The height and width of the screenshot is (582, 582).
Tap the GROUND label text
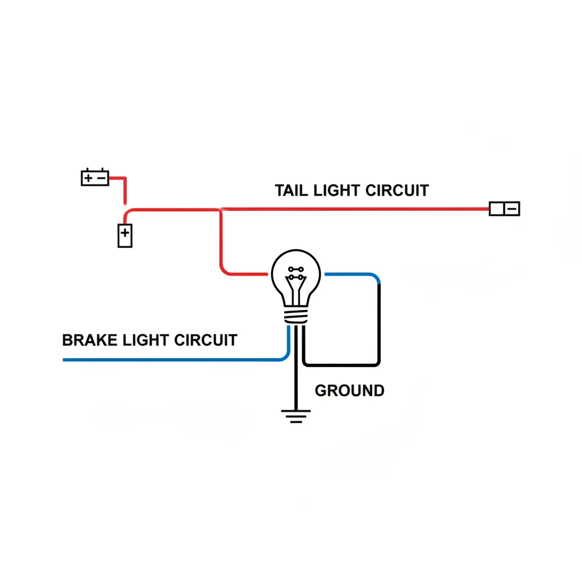(349, 391)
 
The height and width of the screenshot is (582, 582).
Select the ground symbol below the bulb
(296, 417)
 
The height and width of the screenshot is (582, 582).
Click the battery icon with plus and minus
(95, 178)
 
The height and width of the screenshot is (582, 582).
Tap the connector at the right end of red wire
(504, 209)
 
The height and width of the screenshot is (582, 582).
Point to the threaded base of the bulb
(296, 315)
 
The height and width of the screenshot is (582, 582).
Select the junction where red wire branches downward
(220, 210)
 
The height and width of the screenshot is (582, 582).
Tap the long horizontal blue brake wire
(171, 360)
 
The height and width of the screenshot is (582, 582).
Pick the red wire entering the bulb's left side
(244, 275)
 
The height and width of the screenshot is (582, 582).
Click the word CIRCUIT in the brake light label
(205, 340)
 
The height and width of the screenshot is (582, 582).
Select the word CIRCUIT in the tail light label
(396, 190)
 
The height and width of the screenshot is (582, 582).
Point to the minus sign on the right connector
(512, 209)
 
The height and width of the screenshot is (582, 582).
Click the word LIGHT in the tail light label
(336, 190)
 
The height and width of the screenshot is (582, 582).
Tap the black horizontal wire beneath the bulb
(341, 364)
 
